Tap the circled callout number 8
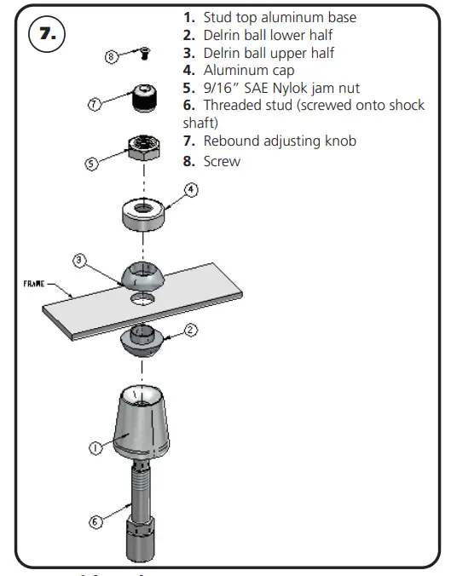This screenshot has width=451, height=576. pos(111,58)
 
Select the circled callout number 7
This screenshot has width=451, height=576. pos(95,104)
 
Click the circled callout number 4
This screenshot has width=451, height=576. pos(192,191)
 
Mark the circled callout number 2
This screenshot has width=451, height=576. pos(192,329)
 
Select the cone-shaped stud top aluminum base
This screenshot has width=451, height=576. pos(142,422)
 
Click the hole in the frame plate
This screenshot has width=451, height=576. pos(142,300)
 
